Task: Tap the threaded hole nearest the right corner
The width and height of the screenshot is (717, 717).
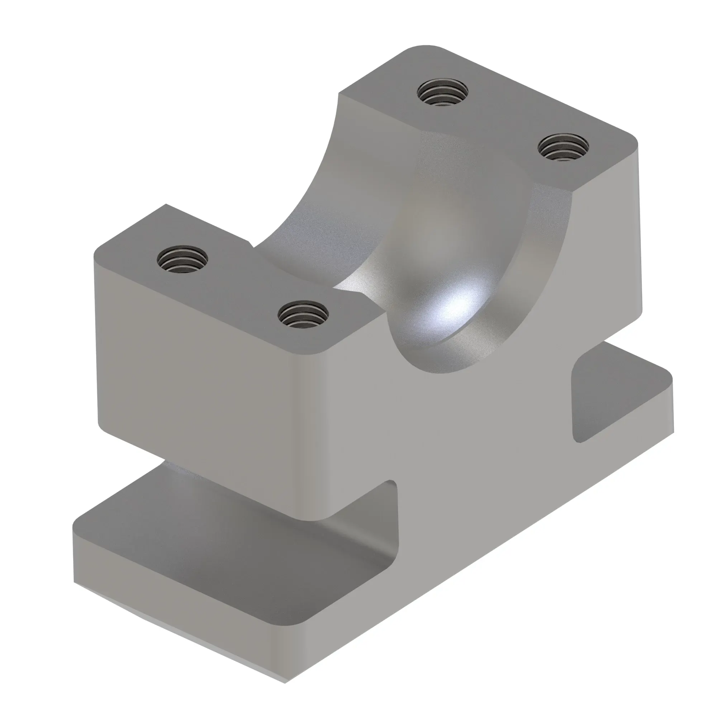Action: coord(563,147)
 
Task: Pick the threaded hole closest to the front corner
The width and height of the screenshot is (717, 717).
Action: coord(303,314)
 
